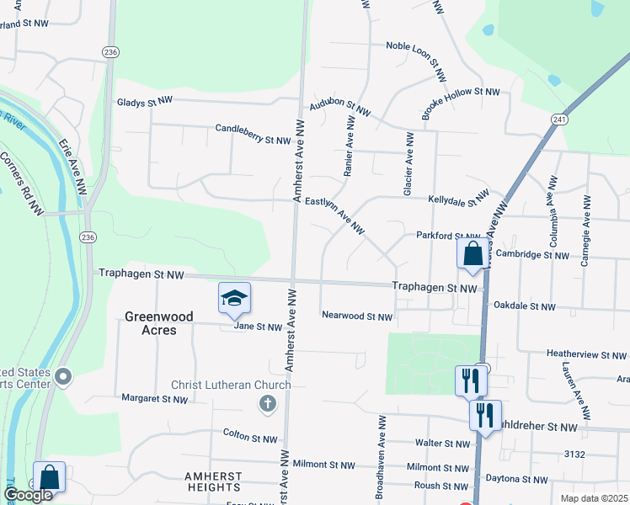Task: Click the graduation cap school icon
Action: pyautogui.click(x=235, y=297)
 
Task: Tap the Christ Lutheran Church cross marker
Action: pyautogui.click(x=267, y=404)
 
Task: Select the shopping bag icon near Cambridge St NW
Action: pyautogui.click(x=472, y=252)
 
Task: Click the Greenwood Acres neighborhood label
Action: pyautogui.click(x=158, y=323)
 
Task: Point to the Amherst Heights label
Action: pyautogui.click(x=213, y=481)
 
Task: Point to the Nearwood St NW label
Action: pyautogui.click(x=357, y=316)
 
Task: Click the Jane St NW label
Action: pyautogui.click(x=257, y=327)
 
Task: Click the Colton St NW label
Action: pyautogui.click(x=250, y=439)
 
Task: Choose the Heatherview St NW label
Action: pyautogui.click(x=587, y=353)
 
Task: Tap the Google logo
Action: pyautogui.click(x=28, y=495)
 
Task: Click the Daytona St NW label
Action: pyautogui.click(x=516, y=479)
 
